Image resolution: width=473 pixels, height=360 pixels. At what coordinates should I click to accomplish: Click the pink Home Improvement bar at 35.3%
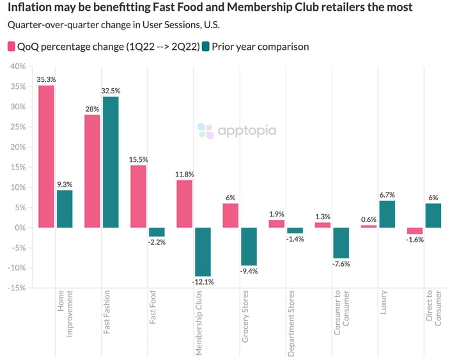coord(46,156)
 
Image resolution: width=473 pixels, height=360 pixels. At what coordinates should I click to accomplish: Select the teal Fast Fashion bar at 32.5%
coord(111,162)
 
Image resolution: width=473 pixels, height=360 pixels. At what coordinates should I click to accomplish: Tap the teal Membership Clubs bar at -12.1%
coord(203,252)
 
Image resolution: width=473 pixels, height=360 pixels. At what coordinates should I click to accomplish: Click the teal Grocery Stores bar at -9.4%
coord(249,246)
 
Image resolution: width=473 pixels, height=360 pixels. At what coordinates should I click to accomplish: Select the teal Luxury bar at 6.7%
coord(387,214)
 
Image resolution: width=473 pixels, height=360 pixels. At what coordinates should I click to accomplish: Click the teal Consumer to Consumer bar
coord(341,242)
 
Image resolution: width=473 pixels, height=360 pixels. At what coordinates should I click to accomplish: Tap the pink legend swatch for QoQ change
coord(12,47)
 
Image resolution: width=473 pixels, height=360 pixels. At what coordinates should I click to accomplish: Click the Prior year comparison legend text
coord(260,47)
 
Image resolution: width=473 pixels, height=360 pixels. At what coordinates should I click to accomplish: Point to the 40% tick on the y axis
coord(17,67)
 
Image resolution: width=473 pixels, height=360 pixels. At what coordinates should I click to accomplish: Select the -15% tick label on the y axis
coord(15,288)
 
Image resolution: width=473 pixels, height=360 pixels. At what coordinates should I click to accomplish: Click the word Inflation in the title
coord(29,8)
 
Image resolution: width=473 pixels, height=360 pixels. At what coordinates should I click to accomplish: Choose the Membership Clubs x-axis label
coord(199,322)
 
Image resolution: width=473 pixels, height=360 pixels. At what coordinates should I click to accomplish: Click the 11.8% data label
coord(185,175)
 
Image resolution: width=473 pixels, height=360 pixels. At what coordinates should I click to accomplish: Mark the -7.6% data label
coord(341,263)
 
